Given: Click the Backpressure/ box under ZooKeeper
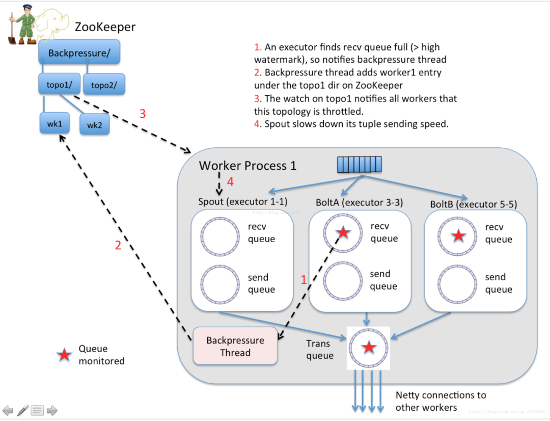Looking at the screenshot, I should pos(79,52).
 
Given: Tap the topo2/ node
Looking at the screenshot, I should pos(104,85).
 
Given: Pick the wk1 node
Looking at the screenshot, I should pos(54,123).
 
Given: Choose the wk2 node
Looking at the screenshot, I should pos(94,124).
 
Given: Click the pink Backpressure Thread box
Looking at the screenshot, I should pos(235,346).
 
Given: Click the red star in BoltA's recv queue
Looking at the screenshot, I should pos(343,233).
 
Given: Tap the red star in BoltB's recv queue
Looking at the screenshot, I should pos(459,235).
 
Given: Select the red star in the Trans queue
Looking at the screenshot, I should pos(369,348).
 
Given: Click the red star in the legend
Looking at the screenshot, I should pos(64,355).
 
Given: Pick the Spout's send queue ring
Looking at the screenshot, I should pos(220,284).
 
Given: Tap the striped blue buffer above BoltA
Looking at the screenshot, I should pos(360,165).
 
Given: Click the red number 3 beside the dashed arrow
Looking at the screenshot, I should pos(143,114).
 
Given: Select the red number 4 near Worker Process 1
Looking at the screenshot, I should pos(230,182).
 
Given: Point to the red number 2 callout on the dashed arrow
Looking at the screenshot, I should pos(118,245).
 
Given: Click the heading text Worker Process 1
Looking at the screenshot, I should pos(248,166).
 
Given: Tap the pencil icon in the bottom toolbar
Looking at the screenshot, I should pos(23,410).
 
